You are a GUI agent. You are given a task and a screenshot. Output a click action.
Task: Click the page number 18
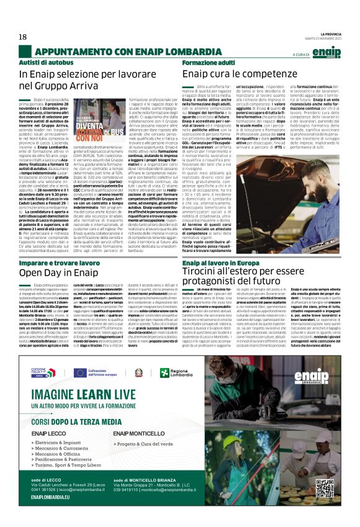pyautogui.click(x=23, y=37)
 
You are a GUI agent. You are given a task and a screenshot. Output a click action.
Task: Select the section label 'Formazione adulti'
pyautogui.click(x=204, y=63)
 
